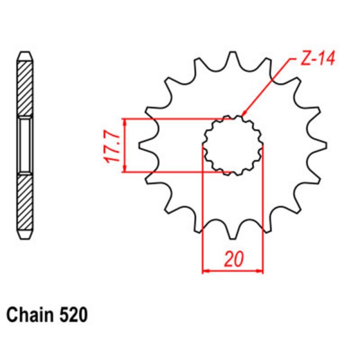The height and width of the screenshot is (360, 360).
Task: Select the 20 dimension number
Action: (x=233, y=260)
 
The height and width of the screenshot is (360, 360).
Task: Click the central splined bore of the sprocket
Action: (x=233, y=145)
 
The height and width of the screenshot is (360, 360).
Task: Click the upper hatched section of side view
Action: (x=25, y=88)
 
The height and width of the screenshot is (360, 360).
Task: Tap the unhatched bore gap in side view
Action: (x=25, y=145)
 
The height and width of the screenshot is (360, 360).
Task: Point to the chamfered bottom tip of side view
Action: (x=25, y=234)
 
